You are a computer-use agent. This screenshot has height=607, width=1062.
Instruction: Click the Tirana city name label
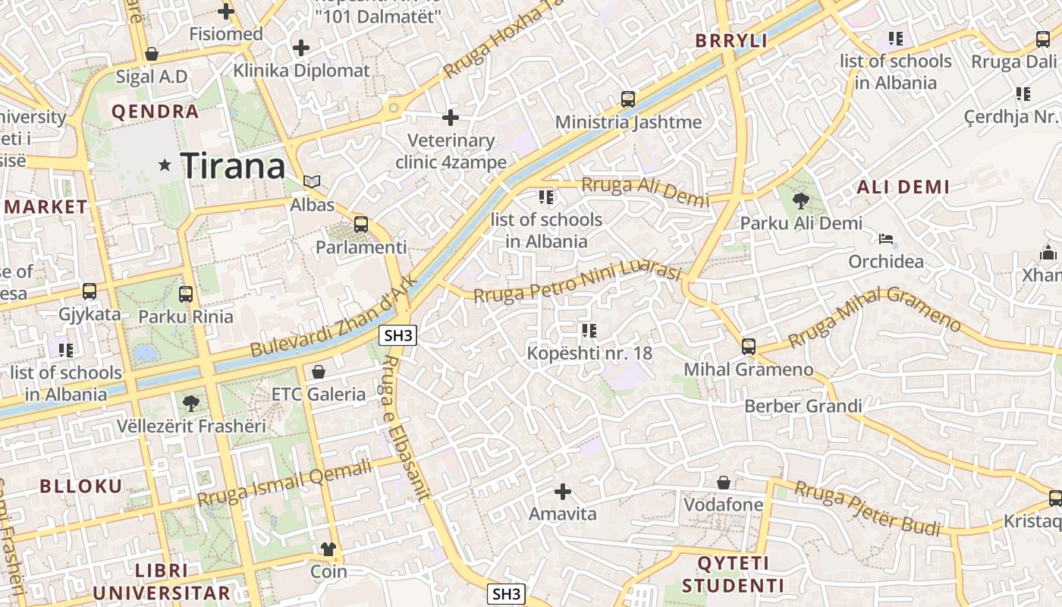point(233,165)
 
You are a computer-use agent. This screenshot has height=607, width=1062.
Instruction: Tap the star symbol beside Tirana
point(164,165)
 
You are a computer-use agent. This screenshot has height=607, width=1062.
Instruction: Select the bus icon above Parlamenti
point(361,225)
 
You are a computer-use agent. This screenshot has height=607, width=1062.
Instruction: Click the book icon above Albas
point(312,182)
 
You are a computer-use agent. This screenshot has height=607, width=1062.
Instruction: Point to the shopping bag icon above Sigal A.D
point(152,55)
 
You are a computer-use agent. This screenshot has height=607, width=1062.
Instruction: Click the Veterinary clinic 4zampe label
point(451,151)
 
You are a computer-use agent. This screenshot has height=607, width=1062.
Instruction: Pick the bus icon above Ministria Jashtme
point(628,99)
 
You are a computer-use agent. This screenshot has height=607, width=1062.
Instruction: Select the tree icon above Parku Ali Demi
point(800,201)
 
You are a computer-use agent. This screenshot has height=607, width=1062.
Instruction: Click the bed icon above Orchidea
point(886,240)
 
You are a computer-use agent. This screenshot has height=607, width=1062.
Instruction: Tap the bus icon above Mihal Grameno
point(749,347)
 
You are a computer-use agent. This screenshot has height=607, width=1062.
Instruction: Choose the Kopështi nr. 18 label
point(589,353)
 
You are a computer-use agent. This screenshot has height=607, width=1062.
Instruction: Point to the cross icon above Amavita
point(562,492)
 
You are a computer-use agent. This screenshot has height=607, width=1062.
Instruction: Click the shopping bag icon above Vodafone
point(724,483)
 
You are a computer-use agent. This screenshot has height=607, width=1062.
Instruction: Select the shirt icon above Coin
point(328,549)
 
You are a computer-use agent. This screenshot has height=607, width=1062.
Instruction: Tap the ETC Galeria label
point(319,394)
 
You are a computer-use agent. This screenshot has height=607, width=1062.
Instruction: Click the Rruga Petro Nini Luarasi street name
point(577,281)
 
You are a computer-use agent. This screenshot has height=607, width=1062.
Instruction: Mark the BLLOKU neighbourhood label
point(81,486)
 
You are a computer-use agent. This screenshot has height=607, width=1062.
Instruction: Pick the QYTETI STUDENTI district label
point(733,574)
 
